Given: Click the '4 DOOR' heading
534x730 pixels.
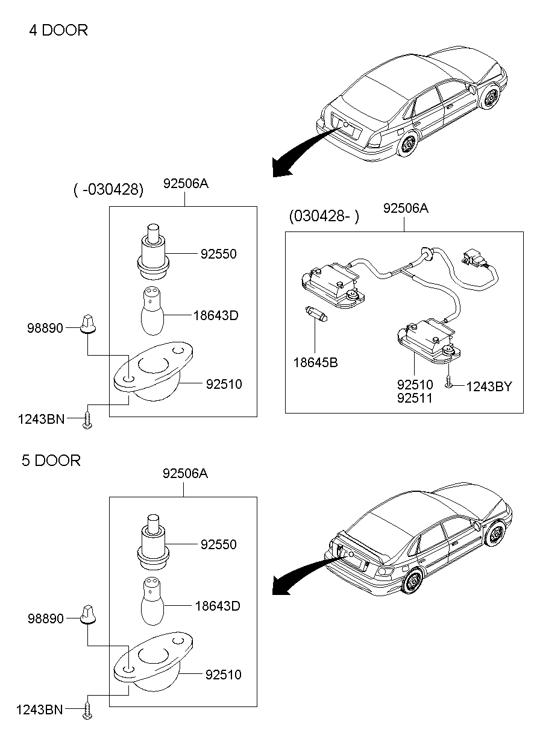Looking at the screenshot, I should click(58, 30).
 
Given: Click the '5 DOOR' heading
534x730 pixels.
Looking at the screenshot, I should click(51, 461).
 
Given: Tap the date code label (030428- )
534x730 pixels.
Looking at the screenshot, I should click(323, 216).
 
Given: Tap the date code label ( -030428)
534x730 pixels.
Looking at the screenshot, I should click(108, 190).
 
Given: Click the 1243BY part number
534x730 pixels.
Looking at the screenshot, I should click(489, 386).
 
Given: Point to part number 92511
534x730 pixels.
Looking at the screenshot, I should click(414, 398).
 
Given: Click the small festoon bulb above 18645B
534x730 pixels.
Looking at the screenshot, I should click(316, 314).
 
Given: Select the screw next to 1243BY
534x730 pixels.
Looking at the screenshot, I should click(449, 383).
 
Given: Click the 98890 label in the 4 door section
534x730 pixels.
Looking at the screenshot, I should click(45, 329).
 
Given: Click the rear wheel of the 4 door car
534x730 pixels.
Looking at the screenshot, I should click(408, 145).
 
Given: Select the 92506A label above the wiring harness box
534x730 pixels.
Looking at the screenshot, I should click(406, 209).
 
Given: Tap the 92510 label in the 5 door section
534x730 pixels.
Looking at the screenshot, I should click(224, 675).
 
